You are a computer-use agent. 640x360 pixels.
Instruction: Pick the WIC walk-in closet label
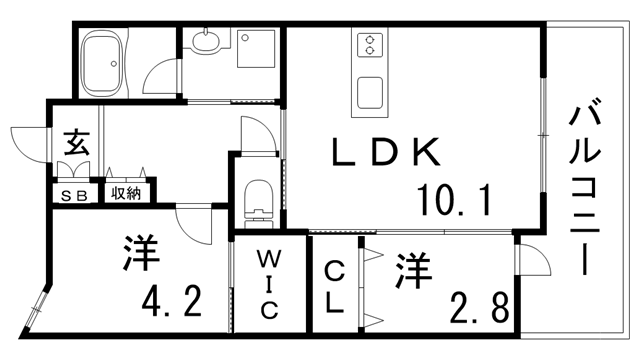pyautogui.click(x=269, y=285)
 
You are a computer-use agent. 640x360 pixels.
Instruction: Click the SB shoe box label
pyautogui.click(x=75, y=194)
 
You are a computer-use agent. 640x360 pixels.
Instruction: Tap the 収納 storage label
pyautogui.click(x=125, y=193)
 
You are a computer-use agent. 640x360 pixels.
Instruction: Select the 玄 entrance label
pyautogui.click(x=75, y=141)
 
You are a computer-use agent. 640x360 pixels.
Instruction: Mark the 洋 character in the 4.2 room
pyautogui.click(x=142, y=253)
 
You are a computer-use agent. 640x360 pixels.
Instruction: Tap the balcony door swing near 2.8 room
pyautogui.click(x=531, y=262)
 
